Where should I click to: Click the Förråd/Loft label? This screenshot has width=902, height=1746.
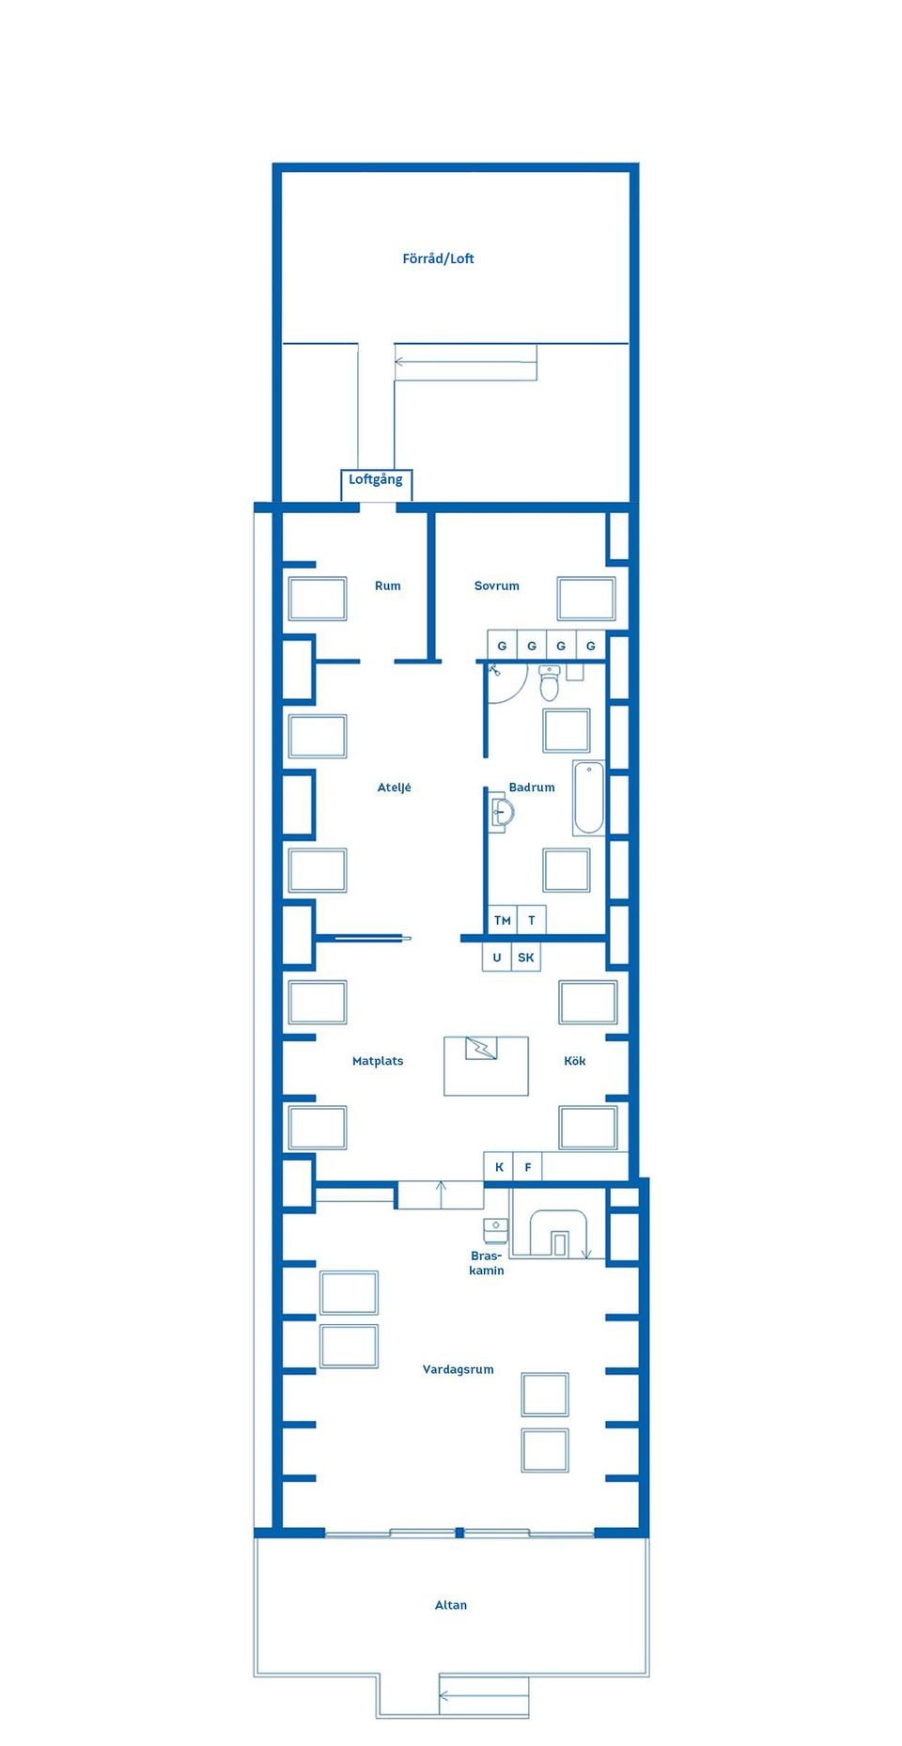tap(438, 258)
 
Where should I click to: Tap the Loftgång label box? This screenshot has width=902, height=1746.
tap(376, 484)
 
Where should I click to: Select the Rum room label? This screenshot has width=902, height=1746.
tap(388, 585)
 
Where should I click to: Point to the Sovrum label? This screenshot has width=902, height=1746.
tap(497, 585)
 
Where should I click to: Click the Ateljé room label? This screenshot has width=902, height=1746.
tap(395, 787)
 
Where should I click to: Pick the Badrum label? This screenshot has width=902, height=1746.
tap(532, 787)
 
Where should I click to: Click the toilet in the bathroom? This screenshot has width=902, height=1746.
tap(550, 682)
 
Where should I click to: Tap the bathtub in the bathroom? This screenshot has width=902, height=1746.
tap(589, 798)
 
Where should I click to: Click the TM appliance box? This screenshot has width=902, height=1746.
tap(502, 920)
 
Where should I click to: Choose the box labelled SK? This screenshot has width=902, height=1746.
tap(526, 958)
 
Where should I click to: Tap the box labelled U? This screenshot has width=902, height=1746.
tap(497, 958)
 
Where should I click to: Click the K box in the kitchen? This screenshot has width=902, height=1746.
tap(499, 1167)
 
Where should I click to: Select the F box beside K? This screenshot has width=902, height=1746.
tap(528, 1167)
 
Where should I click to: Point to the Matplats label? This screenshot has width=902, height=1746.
tap(378, 1061)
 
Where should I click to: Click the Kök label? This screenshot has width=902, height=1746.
tap(575, 1061)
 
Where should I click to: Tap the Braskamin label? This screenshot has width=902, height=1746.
tap(487, 1263)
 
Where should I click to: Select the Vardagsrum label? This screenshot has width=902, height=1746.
tap(459, 1369)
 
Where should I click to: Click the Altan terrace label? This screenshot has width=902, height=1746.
tap(451, 1605)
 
